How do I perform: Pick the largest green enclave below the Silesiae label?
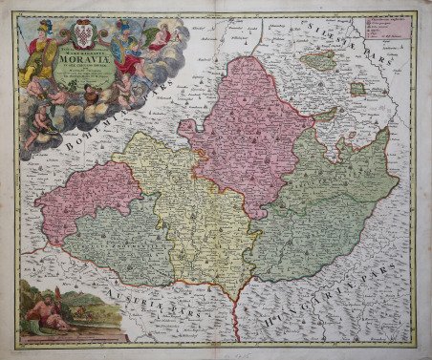[x=317, y=60]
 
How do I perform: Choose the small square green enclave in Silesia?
[x=356, y=89]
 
